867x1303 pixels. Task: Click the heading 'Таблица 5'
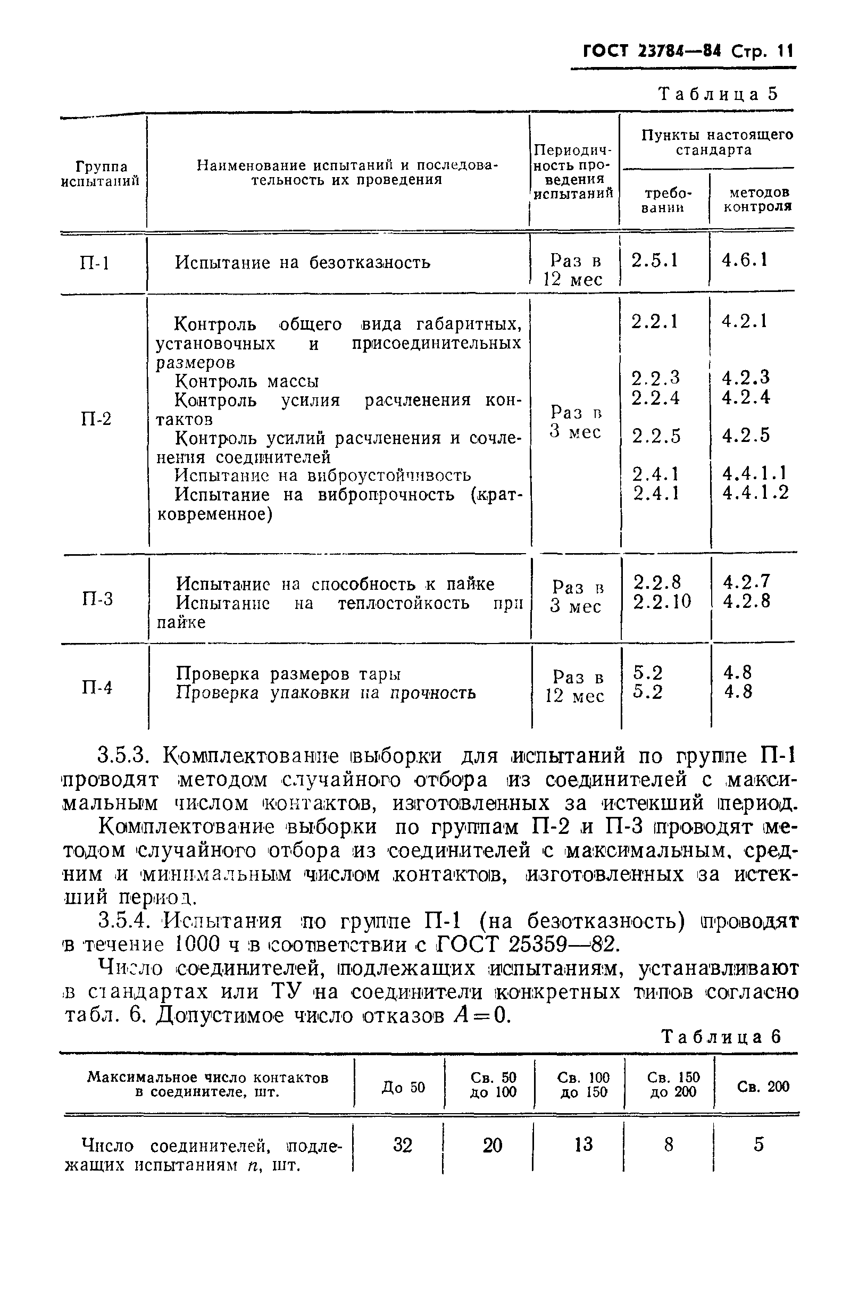click(x=718, y=94)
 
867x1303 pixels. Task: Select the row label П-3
click(x=97, y=599)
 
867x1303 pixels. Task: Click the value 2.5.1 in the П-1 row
click(x=655, y=261)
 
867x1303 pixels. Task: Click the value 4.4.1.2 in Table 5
click(x=755, y=492)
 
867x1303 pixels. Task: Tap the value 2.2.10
click(x=662, y=602)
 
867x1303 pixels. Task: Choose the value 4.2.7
click(x=746, y=582)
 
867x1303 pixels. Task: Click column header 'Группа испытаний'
click(x=101, y=173)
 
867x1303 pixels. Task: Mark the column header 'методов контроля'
click(x=758, y=199)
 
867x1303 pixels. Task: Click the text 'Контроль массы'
click(x=247, y=381)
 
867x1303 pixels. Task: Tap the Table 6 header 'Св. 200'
click(x=763, y=1087)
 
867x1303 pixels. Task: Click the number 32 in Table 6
click(x=403, y=1145)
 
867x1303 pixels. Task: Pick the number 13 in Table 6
click(x=583, y=1144)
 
